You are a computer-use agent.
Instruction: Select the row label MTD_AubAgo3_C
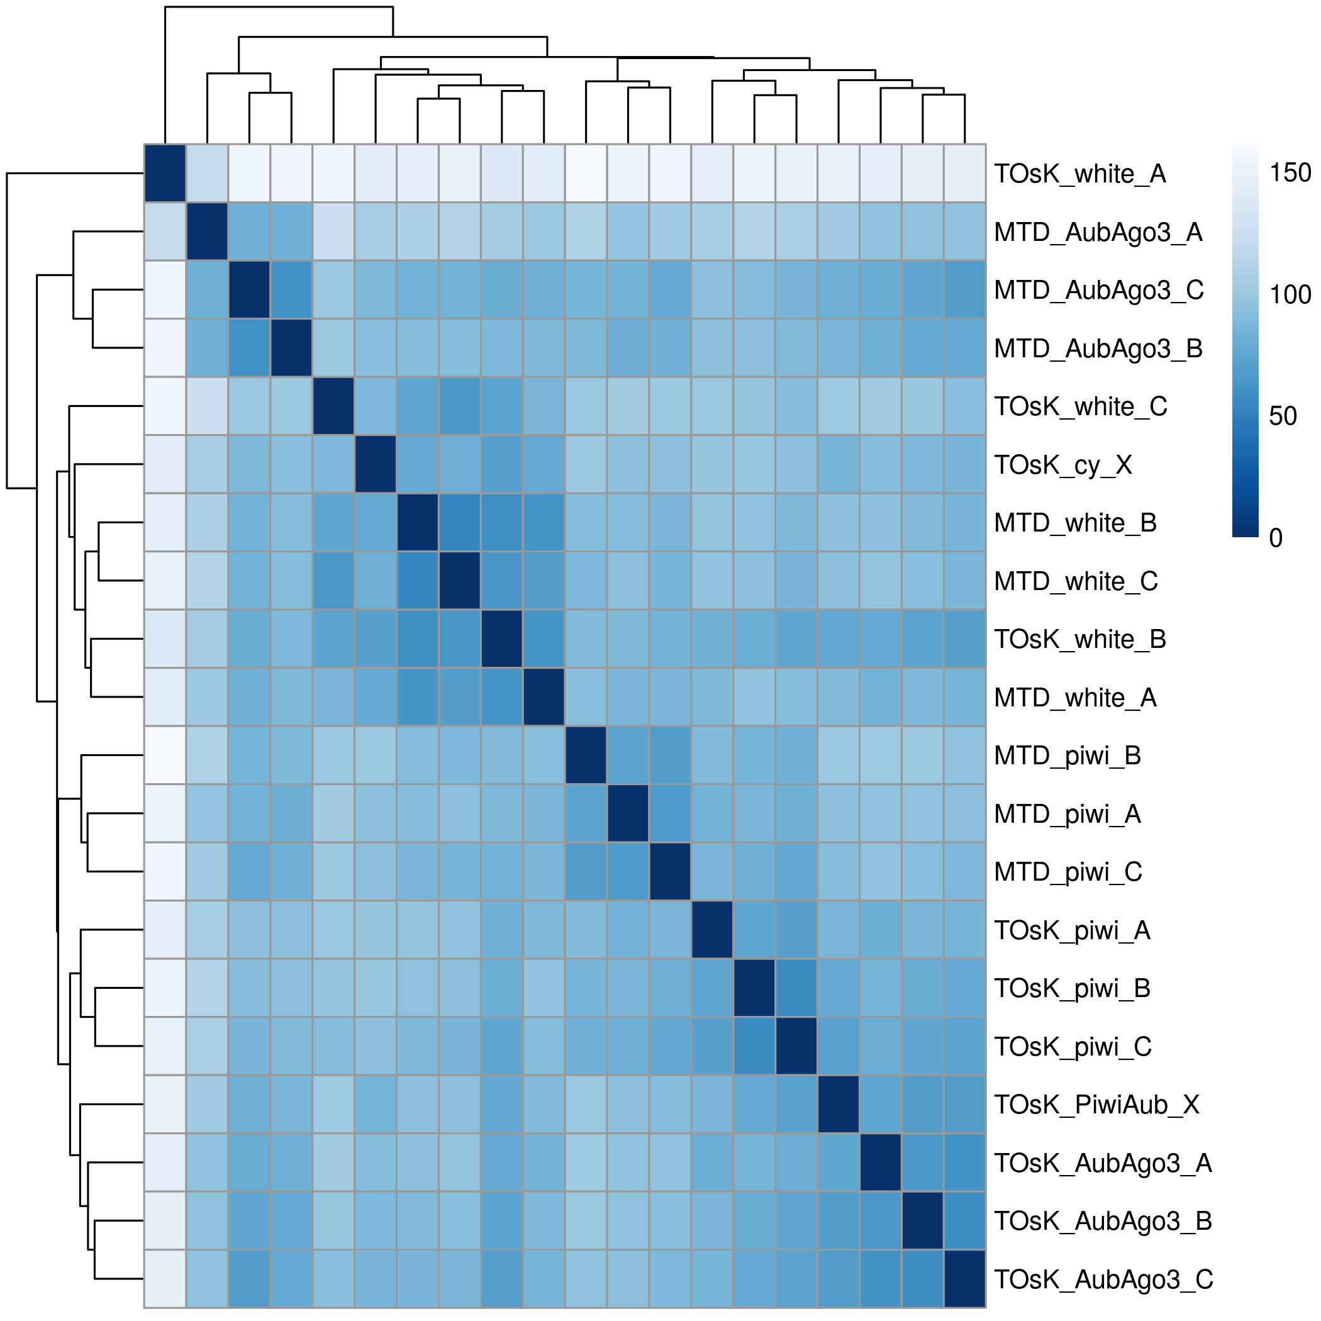pyautogui.click(x=1098, y=291)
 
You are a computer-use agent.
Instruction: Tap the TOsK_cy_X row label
pyautogui.click(x=1062, y=465)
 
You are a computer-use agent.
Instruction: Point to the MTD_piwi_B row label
pyautogui.click(x=1067, y=756)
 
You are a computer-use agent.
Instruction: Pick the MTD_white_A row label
pyautogui.click(x=1075, y=698)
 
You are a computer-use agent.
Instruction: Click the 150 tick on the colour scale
pyautogui.click(x=1290, y=173)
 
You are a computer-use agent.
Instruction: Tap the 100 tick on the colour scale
pyautogui.click(x=1290, y=294)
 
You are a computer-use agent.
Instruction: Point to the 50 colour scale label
pyautogui.click(x=1283, y=416)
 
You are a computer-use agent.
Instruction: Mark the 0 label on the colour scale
pyautogui.click(x=1275, y=538)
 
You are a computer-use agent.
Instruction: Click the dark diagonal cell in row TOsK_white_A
pyautogui.click(x=165, y=174)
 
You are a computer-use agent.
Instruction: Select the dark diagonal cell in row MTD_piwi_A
pyautogui.click(x=628, y=813)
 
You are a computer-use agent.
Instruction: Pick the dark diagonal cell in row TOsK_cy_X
pyautogui.click(x=376, y=464)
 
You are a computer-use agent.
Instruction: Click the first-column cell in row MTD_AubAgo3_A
pyautogui.click(x=165, y=231)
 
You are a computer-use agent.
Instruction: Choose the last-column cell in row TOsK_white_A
pyautogui.click(x=964, y=174)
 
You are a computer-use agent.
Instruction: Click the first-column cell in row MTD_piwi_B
pyautogui.click(x=165, y=755)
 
